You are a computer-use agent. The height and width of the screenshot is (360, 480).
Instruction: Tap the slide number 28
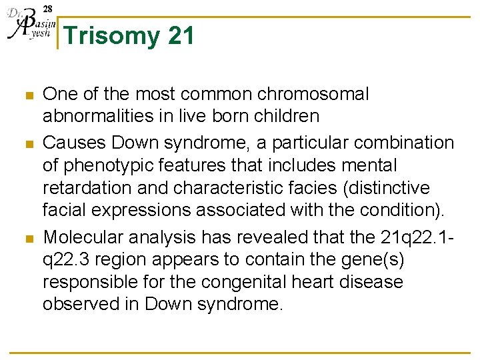(48, 8)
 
